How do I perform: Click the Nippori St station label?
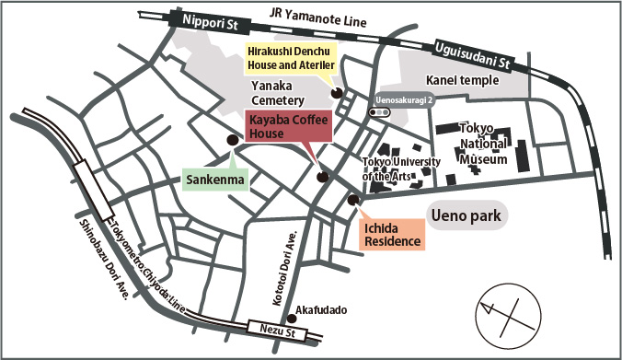(201, 21)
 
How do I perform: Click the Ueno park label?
(470, 217)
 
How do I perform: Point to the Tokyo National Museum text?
(482, 145)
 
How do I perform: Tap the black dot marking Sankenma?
(231, 139)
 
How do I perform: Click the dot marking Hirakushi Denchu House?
(336, 92)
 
